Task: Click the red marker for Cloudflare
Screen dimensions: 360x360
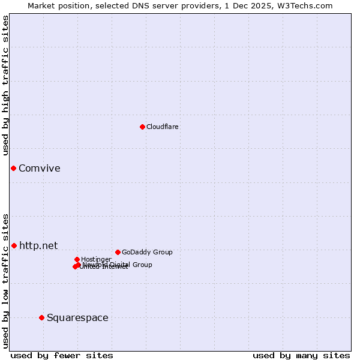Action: pos(142,127)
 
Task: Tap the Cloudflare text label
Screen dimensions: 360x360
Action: pos(163,127)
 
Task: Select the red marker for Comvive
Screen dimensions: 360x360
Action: pos(13,168)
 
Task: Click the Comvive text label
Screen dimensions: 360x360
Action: pos(40,168)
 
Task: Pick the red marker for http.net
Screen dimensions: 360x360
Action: pos(14,245)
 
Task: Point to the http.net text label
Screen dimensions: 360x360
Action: pos(38,245)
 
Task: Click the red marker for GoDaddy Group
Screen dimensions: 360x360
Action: pos(118,252)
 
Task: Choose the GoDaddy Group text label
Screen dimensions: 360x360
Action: pos(147,252)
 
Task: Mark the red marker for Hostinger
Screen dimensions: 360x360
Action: pos(77,259)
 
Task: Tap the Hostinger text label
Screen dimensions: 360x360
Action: pos(96,259)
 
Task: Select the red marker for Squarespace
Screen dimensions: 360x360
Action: pos(41,317)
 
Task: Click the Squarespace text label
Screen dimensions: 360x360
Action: pos(77,317)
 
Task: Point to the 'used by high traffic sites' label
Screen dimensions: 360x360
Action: pos(5,86)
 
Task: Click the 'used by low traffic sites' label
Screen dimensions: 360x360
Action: pos(5,281)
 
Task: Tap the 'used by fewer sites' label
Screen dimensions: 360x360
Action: pos(62,355)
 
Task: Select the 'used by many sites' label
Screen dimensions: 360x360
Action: pos(301,355)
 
